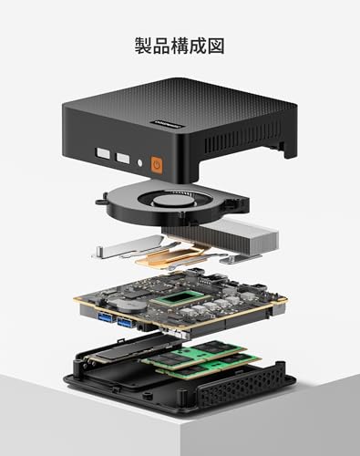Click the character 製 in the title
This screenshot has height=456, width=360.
click(x=143, y=46)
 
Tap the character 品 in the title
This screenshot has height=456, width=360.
click(x=161, y=46)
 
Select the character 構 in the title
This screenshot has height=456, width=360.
click(x=180, y=46)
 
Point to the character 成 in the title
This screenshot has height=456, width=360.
click(x=198, y=46)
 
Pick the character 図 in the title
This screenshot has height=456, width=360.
click(x=216, y=46)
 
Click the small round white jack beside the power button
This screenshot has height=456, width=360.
click(x=139, y=162)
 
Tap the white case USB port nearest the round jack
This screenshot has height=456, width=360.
click(x=123, y=158)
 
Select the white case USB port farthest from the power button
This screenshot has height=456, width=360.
click(x=102, y=153)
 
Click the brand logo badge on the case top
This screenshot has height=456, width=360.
click(x=166, y=124)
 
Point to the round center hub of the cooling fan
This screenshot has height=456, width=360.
click(x=167, y=202)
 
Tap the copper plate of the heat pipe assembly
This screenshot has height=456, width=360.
click(x=168, y=256)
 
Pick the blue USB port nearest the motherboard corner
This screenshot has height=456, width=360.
click(x=105, y=317)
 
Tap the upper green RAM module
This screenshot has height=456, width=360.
click(x=194, y=353)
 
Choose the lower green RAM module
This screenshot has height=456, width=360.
click(x=210, y=368)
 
